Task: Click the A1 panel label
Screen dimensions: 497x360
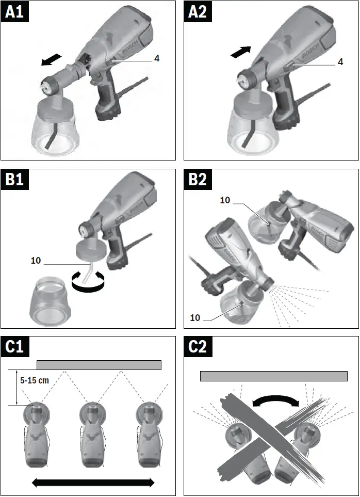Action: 14,12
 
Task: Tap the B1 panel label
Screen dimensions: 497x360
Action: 14,180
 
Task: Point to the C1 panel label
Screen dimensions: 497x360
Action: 14,347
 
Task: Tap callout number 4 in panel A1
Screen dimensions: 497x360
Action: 156,58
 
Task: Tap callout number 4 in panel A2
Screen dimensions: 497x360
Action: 340,62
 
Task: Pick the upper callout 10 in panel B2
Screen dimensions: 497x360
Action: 225,200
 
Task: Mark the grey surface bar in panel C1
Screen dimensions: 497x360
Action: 99,365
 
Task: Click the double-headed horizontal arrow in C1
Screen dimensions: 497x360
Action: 93,482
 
